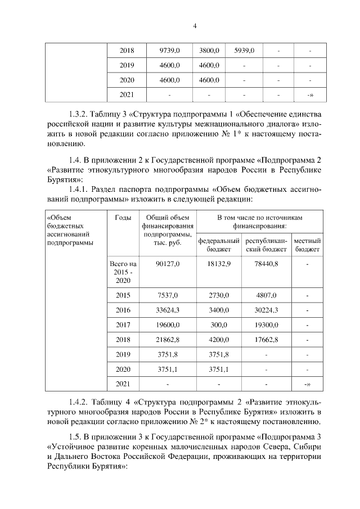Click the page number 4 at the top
(179, 25)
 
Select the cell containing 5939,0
(244, 51)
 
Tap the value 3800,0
(209, 51)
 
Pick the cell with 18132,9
(219, 263)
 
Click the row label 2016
(123, 310)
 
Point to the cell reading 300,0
(219, 325)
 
